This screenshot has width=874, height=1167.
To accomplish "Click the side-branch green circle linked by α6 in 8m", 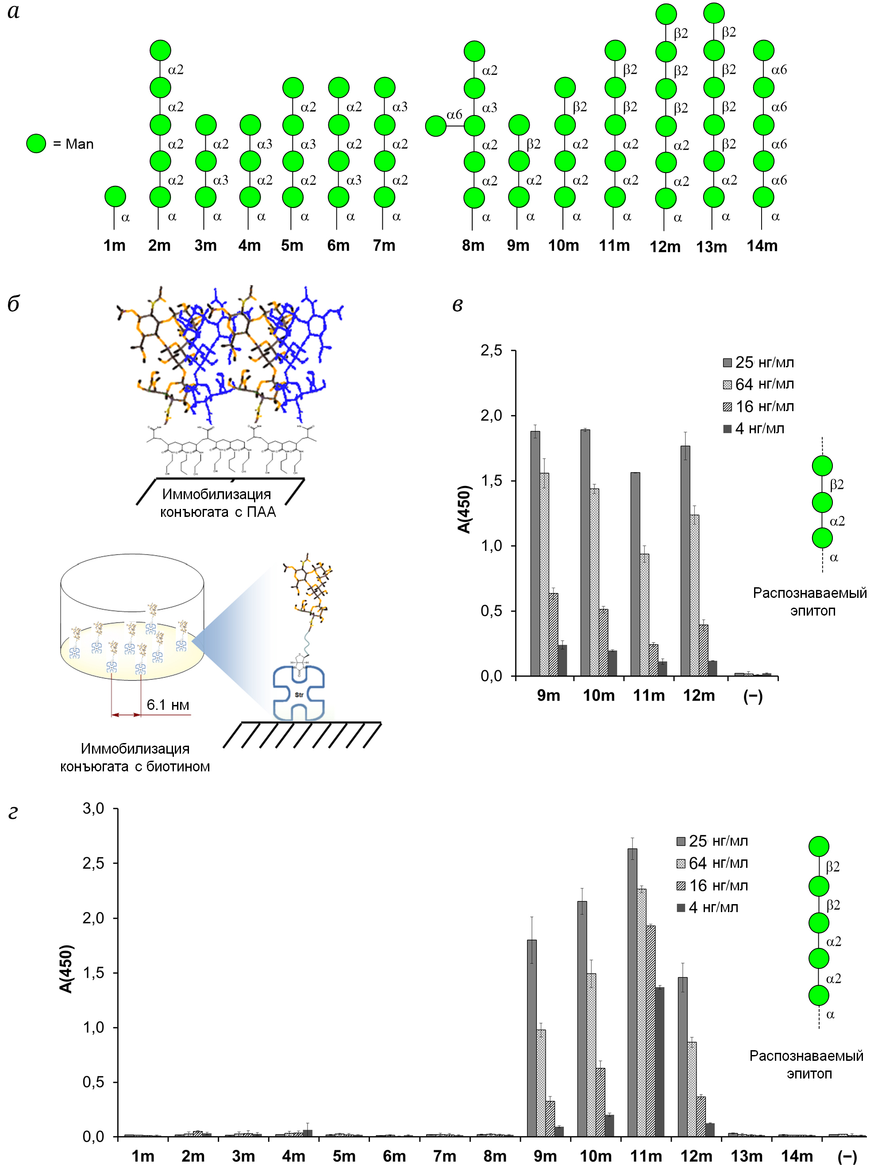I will (436, 126).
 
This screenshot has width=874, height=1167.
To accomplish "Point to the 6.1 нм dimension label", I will (168, 705).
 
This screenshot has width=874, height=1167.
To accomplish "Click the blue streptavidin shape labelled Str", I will (299, 693).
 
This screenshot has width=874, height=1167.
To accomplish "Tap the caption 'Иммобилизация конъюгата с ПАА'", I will (217, 503).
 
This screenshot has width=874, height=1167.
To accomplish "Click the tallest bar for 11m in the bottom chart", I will (632, 992).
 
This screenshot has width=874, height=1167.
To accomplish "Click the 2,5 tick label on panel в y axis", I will (491, 351).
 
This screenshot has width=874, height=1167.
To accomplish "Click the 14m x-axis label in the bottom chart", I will (797, 1155).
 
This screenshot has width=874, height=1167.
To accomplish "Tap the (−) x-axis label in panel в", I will (753, 696).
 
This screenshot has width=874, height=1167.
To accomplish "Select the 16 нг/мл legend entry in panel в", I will (758, 406).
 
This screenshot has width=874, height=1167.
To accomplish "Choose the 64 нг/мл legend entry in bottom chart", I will (712, 863).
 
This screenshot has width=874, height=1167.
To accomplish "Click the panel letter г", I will (13, 813).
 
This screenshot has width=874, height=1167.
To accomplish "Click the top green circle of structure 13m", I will (714, 13).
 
